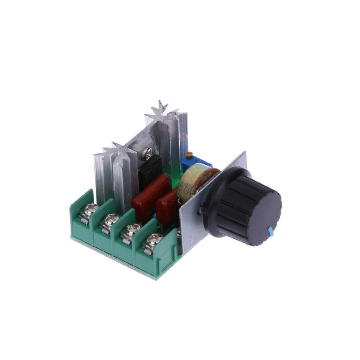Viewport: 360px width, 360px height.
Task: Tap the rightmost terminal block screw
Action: pyautogui.click(x=156, y=238)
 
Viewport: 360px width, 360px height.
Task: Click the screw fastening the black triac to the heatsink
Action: pyautogui.click(x=147, y=154)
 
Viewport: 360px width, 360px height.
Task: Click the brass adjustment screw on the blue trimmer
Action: pyautogui.click(x=189, y=155)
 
